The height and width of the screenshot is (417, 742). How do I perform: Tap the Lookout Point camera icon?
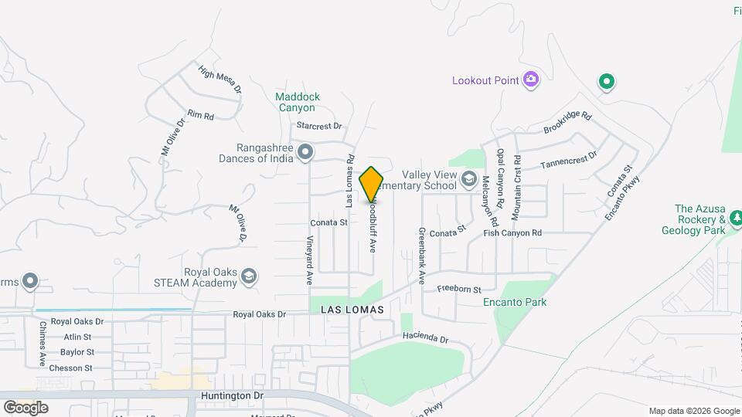click(x=530, y=79)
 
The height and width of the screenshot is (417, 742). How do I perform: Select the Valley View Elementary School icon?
click(x=468, y=180)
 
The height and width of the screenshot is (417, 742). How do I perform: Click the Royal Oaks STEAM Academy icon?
click(x=249, y=276)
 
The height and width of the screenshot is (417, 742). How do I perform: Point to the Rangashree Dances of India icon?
click(x=305, y=153)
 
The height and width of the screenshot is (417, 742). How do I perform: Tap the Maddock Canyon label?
click(x=298, y=102)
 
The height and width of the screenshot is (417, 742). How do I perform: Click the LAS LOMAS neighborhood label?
click(x=352, y=309)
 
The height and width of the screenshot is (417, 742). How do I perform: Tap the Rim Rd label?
click(x=199, y=115)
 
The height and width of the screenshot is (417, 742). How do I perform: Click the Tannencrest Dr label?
click(x=569, y=158)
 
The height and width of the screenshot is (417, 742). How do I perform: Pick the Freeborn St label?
click(x=459, y=290)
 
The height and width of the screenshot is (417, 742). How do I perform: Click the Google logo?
click(x=26, y=407)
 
